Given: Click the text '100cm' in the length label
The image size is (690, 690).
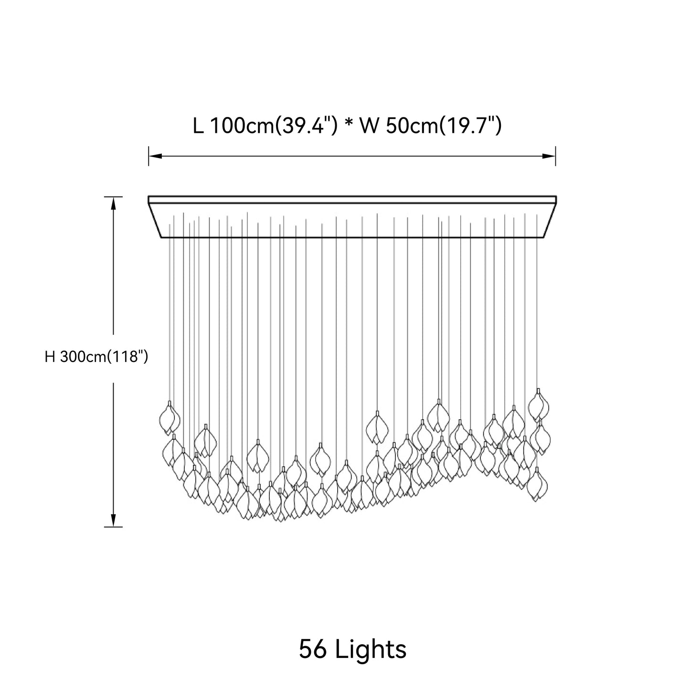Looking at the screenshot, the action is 242,126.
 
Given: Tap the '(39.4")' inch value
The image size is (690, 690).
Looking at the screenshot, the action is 306,126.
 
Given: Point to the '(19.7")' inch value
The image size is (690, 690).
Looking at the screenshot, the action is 470,126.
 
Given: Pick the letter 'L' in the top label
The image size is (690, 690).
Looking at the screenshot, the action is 198,126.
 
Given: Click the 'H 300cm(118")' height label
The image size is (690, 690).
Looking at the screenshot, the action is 96,357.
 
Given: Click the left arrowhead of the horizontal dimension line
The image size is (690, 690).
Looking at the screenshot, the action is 155,156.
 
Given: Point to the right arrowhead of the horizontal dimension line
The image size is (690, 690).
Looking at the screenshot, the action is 549,156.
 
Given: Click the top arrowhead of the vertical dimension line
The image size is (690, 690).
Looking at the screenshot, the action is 114,203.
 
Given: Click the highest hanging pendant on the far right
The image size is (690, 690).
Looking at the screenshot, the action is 538,404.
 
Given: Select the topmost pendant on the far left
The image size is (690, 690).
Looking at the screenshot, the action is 170,417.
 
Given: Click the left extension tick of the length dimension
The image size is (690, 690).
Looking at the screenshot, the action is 149,156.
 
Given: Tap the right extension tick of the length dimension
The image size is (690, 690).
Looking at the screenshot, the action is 556,156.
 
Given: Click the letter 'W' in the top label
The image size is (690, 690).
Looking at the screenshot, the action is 369,126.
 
